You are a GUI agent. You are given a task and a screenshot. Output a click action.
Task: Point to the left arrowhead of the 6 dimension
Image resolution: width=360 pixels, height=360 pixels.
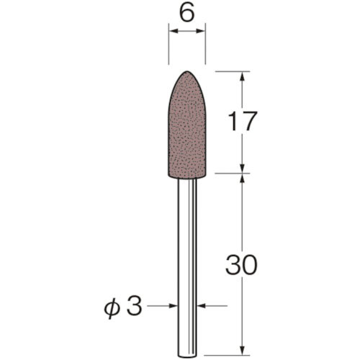(172, 32)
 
